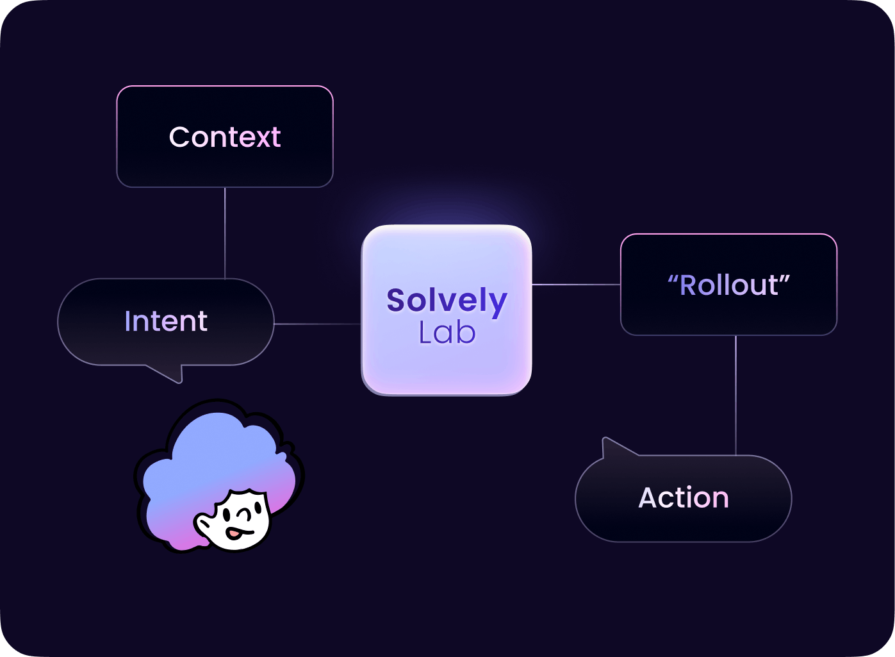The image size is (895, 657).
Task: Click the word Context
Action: pyautogui.click(x=225, y=137)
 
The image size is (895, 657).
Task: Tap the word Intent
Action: pyautogui.click(x=166, y=321)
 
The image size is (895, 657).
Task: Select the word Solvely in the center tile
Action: pyautogui.click(x=447, y=301)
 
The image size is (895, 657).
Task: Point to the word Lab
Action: pyautogui.click(x=447, y=333)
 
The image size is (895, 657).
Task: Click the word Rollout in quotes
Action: pyautogui.click(x=729, y=285)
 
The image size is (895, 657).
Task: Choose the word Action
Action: pyautogui.click(x=684, y=498)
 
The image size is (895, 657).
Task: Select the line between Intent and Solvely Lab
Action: pyautogui.click(x=318, y=324)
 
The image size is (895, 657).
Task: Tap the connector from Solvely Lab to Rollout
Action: pyautogui.click(x=576, y=284)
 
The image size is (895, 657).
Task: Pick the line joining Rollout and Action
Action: pyautogui.click(x=735, y=395)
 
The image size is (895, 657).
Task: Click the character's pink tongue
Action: pyautogui.click(x=235, y=533)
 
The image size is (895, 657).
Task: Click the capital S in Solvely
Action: pyautogui.click(x=397, y=300)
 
